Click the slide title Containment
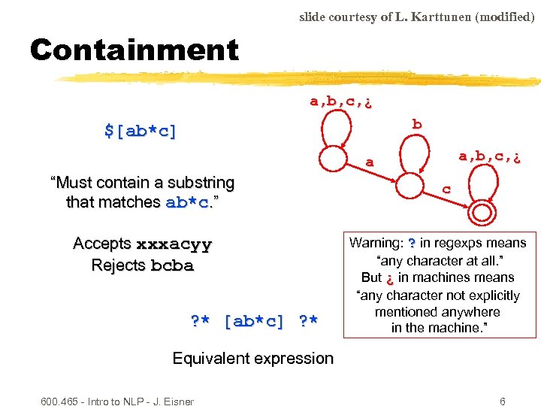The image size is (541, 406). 134,50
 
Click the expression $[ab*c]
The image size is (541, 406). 141,131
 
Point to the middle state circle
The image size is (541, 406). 411,185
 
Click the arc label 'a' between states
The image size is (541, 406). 369,162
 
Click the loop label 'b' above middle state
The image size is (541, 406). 417,124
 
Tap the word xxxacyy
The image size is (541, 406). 174,244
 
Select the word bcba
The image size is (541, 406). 172,265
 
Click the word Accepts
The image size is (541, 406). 102,244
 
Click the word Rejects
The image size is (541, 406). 119,265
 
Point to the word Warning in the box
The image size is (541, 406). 376,243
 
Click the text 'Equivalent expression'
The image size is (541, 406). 252,358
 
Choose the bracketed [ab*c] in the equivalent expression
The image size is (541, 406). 255,321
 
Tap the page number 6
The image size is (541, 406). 503,401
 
